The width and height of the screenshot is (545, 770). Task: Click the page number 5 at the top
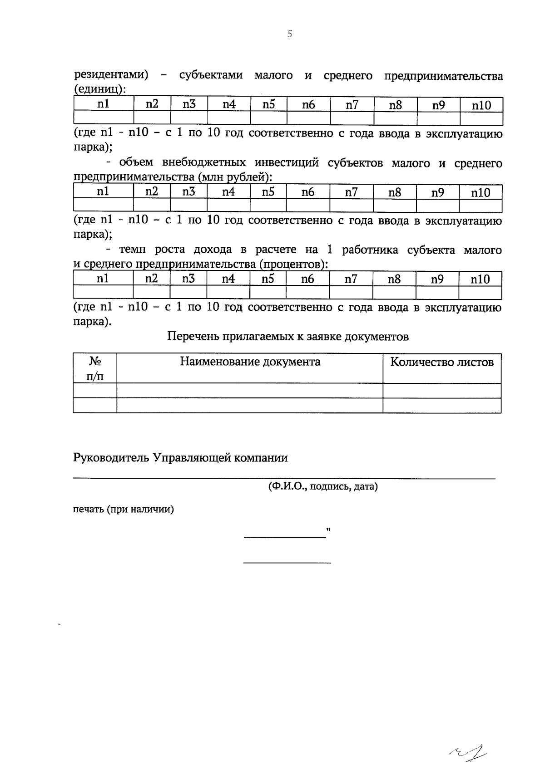point(290,34)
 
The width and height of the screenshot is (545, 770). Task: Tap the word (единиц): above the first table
point(99,90)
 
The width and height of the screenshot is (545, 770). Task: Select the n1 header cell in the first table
point(104,104)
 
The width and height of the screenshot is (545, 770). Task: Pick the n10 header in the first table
point(481,105)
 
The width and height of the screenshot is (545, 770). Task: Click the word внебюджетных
point(206,162)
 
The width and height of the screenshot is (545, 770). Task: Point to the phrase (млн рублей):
point(236,177)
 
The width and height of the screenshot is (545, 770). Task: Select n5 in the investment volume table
point(268,192)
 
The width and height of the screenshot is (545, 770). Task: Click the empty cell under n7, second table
point(351,206)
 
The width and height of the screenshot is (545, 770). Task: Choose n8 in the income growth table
point(394,279)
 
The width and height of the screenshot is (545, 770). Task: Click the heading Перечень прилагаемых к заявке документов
point(288,337)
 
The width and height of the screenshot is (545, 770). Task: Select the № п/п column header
point(95,368)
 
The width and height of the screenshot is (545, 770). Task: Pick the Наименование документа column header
point(250,362)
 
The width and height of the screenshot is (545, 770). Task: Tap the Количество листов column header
point(442,362)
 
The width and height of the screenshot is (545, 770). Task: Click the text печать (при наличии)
point(124,509)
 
